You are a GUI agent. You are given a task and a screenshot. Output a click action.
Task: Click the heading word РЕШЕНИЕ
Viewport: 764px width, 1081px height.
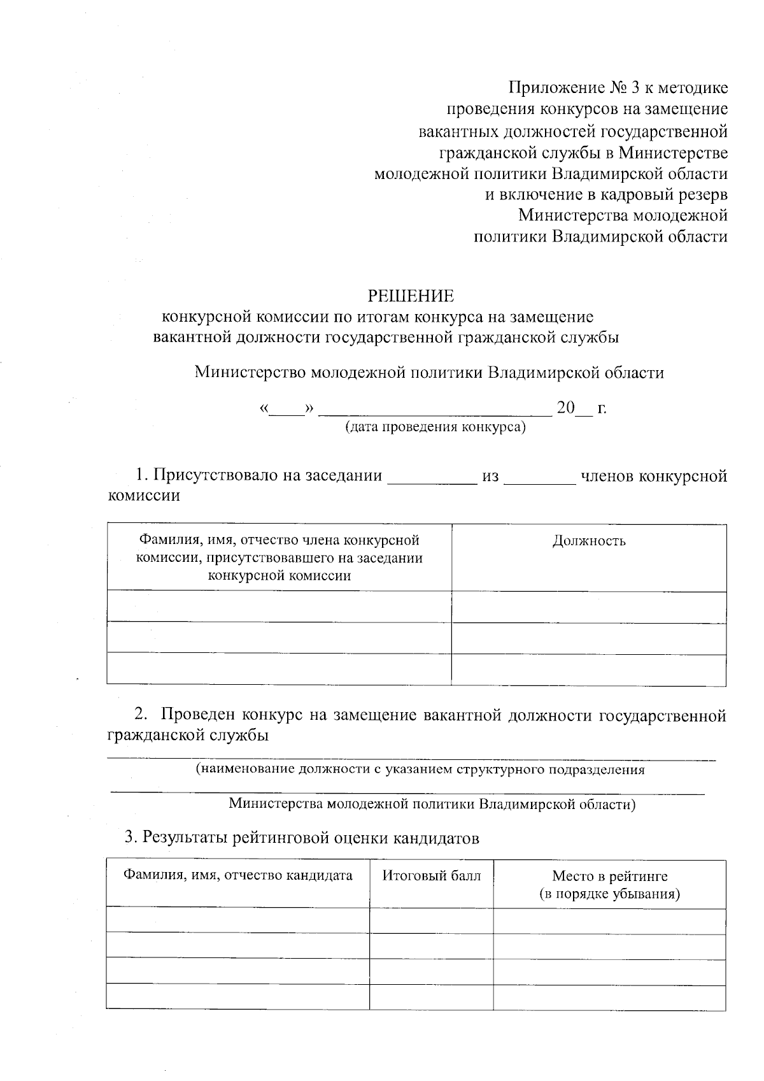click(411, 296)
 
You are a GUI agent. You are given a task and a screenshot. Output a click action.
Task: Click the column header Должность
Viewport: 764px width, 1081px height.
click(589, 541)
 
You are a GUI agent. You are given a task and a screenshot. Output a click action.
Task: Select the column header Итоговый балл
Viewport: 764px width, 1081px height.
click(432, 876)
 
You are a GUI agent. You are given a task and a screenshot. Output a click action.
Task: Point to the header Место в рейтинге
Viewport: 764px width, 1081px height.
click(609, 877)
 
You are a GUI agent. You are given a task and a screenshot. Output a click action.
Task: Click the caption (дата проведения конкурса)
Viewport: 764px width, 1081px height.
click(435, 427)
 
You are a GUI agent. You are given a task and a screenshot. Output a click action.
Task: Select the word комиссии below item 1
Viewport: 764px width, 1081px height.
click(144, 496)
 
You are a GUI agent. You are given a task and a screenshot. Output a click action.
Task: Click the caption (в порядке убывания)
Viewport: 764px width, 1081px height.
click(609, 894)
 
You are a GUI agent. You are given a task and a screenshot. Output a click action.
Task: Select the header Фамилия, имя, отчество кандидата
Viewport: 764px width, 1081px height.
click(237, 876)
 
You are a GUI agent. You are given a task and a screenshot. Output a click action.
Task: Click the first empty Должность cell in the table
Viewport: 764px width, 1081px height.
click(589, 607)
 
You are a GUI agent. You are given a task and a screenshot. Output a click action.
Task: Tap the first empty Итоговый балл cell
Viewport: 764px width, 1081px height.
click(432, 920)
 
